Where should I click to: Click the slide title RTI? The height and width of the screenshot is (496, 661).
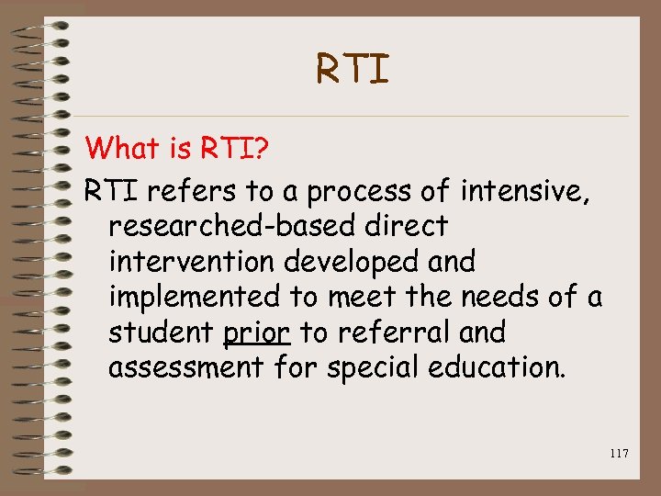pos(353,69)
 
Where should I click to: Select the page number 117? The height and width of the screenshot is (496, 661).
pos(618,453)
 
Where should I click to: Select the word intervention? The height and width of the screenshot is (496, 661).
pos(191,262)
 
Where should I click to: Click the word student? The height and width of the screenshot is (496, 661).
pos(161,332)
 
